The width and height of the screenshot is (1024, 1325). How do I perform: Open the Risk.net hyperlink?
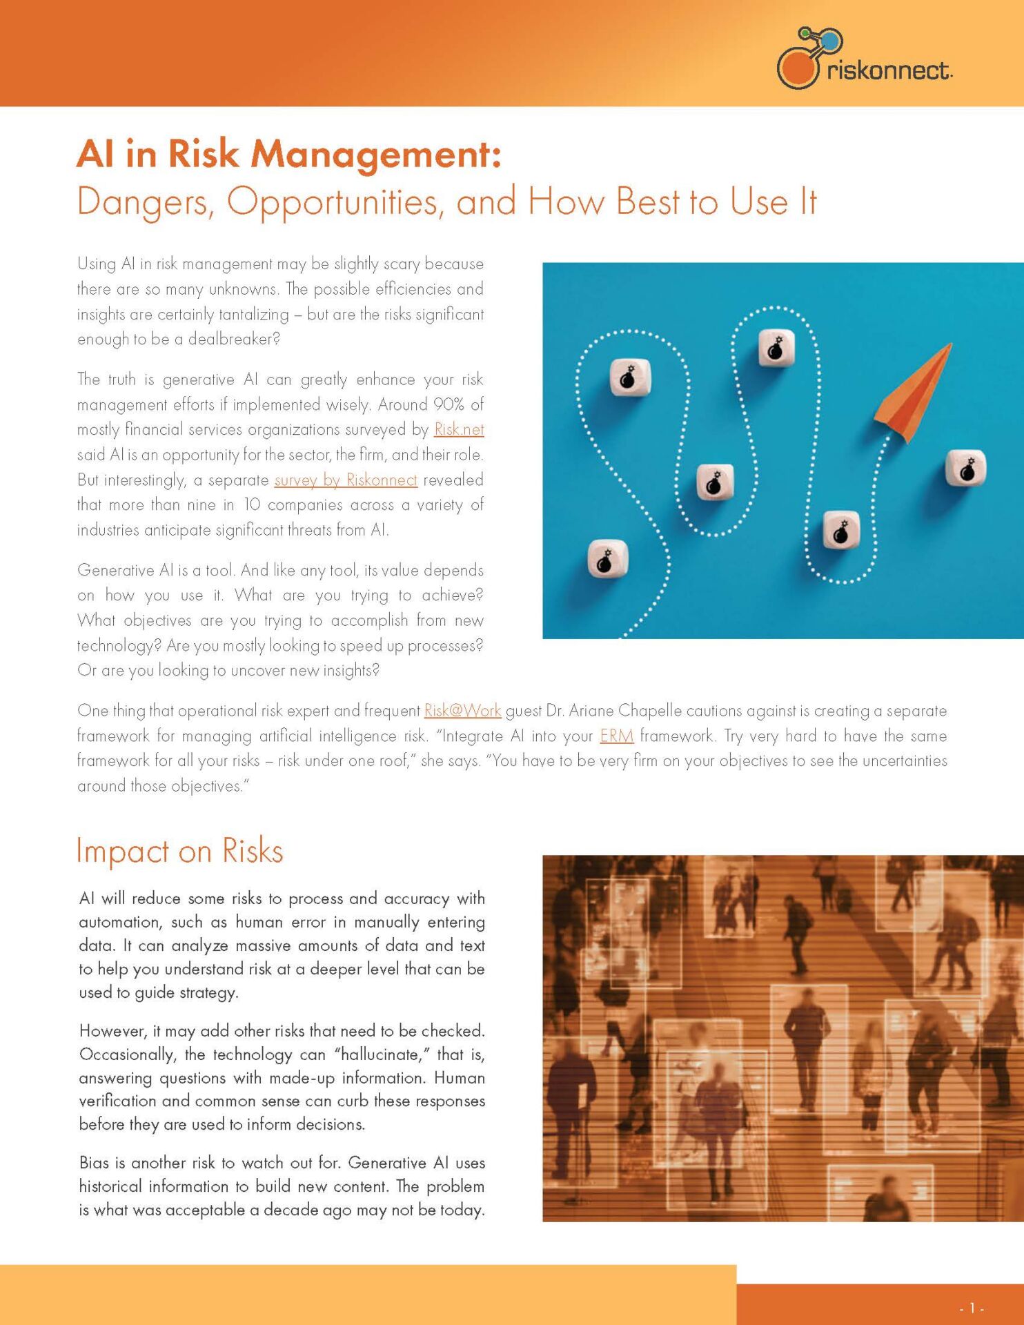[x=459, y=429]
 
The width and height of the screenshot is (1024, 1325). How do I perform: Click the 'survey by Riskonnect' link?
[x=346, y=480]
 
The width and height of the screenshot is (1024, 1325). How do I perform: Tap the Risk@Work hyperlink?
[x=462, y=710]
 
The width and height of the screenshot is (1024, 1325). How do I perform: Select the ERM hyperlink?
[x=616, y=736]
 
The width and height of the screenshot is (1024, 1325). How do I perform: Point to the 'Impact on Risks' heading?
[x=179, y=851]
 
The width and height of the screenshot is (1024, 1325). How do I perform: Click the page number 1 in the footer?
[x=972, y=1308]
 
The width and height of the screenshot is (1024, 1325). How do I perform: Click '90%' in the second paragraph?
[x=449, y=404]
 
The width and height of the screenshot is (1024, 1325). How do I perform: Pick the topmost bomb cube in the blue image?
[x=776, y=349]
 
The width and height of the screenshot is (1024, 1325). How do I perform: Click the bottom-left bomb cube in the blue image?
[x=607, y=559]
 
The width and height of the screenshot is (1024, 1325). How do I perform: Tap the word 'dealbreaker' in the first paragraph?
[x=233, y=339]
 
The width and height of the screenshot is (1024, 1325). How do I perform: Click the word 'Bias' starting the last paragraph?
[x=94, y=1163]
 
